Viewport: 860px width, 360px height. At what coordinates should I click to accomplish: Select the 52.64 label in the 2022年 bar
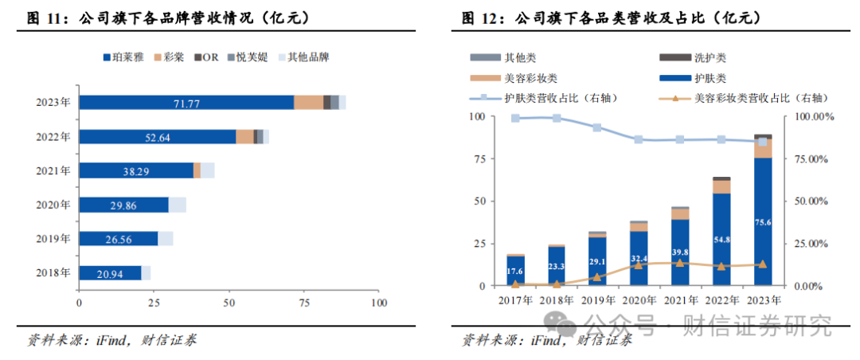pos(158,136)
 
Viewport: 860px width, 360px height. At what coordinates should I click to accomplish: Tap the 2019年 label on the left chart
pos(53,238)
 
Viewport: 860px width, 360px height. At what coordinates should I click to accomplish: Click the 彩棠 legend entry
pos(174,57)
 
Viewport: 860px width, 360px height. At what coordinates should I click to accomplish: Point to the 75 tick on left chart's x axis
pos(304,303)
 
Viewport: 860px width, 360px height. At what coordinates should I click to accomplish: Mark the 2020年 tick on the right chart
pos(639,299)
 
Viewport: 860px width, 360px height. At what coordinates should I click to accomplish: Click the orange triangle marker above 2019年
pos(597,277)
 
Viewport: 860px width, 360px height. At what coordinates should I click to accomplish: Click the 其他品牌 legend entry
pos(307,57)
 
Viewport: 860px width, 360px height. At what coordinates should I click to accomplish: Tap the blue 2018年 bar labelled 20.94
pos(110,273)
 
